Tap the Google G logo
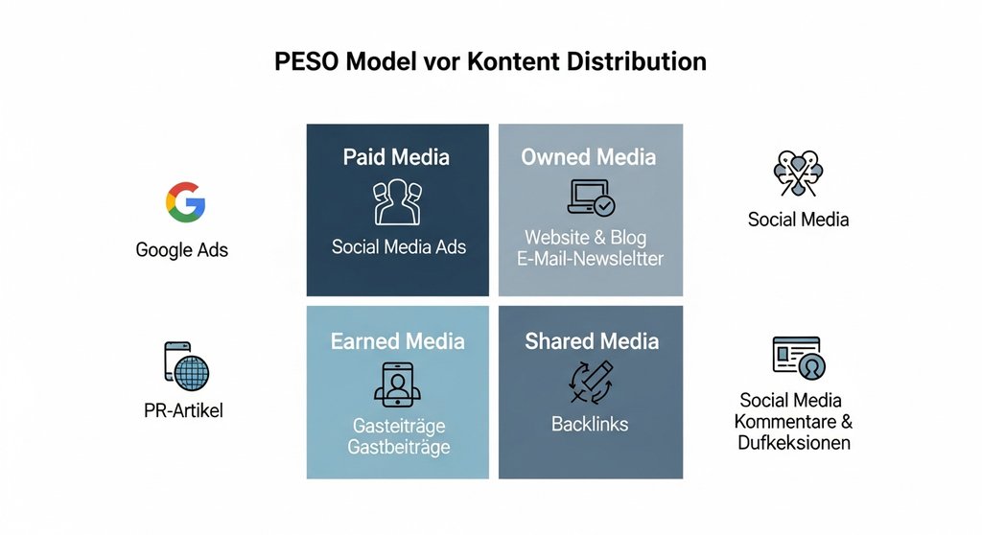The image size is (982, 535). click(x=185, y=202)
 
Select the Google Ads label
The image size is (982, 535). click(x=182, y=250)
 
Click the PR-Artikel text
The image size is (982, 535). click(x=182, y=411)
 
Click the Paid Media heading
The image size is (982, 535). click(x=396, y=156)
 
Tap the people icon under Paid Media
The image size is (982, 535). click(x=397, y=200)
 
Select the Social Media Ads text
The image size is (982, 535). click(x=399, y=246)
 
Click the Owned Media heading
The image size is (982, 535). click(x=589, y=156)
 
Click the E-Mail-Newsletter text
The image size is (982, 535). click(x=590, y=258)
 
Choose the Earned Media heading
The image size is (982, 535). click(x=397, y=340)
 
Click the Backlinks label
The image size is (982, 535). click(x=590, y=423)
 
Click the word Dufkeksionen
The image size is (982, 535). click(x=794, y=442)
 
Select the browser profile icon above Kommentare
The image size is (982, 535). click(x=798, y=357)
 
